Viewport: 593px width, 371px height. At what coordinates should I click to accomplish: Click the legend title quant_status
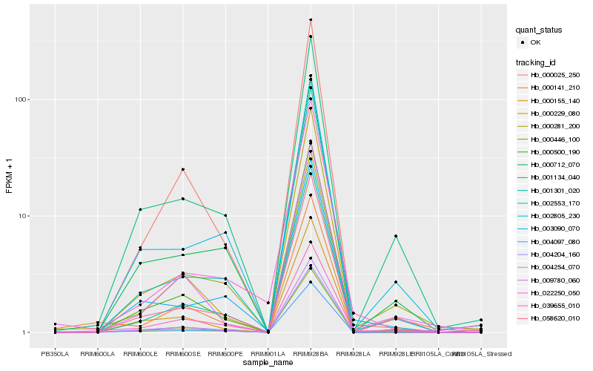pyautogui.click(x=540, y=30)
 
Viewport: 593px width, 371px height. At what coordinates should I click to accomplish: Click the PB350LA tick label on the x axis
pyautogui.click(x=55, y=352)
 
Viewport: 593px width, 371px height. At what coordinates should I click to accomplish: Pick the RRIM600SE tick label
pyautogui.click(x=182, y=352)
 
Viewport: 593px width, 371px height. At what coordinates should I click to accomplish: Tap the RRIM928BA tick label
pyautogui.click(x=311, y=352)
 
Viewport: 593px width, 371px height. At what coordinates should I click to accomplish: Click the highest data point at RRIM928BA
pyautogui.click(x=311, y=20)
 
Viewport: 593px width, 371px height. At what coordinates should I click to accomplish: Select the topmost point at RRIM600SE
pyautogui.click(x=182, y=169)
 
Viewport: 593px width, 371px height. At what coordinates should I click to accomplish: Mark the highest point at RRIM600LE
pyautogui.click(x=140, y=210)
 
